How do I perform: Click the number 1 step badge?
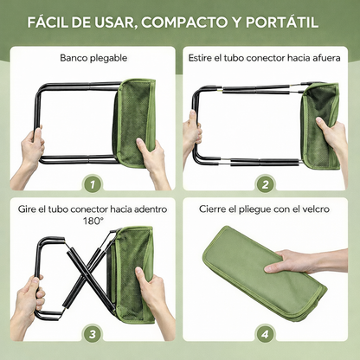click(89, 183)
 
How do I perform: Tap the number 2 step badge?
click(266, 183)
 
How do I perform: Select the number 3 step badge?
click(89, 334)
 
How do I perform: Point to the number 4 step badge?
click(266, 334)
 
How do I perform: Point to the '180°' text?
click(93, 221)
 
